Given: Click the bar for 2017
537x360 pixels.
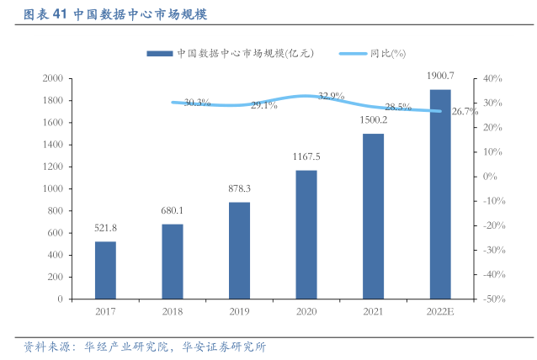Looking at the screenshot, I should coord(105,269).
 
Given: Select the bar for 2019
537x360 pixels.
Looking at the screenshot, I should coord(239,250).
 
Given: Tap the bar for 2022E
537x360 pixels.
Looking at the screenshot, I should coord(440,193).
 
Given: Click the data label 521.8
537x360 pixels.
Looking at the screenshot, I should coord(105,228).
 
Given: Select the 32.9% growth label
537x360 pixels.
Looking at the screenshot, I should coord(332,96).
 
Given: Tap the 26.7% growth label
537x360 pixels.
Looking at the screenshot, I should coord(465,112).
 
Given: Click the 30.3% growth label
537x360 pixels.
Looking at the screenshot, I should coord(197,103).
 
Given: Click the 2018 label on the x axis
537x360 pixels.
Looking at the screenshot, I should coord(173,311).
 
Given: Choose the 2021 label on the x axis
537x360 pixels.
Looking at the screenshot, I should coord(374,311).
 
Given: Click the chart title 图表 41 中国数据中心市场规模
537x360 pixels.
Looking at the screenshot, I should coord(116,14).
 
